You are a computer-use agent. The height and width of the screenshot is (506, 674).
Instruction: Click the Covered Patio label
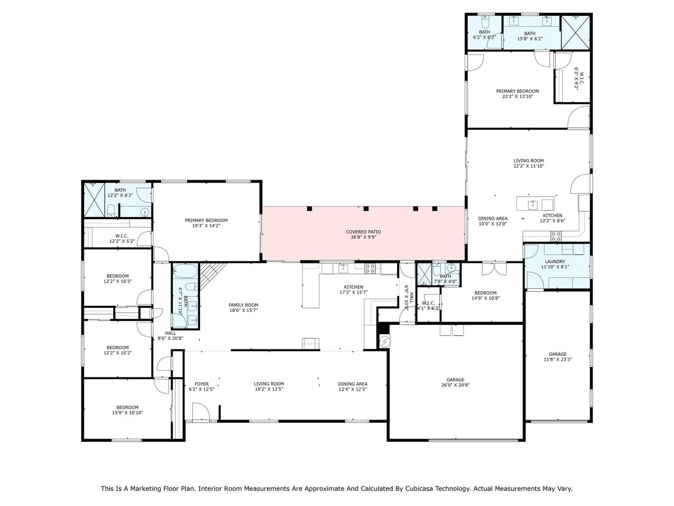coord(363,232)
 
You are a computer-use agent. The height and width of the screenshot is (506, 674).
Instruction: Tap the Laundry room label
coord(555,262)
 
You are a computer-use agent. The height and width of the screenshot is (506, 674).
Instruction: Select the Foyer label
coord(202,384)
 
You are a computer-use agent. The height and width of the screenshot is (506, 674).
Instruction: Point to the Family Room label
coord(243,305)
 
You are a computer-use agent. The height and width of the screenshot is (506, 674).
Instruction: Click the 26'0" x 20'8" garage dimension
coord(455,385)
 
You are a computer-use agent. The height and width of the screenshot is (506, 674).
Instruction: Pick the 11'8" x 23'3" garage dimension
coord(558,359)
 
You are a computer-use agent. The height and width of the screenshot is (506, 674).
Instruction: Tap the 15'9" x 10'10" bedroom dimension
coord(127,413)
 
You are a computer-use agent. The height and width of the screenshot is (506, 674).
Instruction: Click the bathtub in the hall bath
coord(184,271)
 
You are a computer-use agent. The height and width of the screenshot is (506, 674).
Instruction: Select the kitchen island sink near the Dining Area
coord(532,205)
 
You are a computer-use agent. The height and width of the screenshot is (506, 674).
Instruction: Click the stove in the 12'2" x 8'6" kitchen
coord(556,236)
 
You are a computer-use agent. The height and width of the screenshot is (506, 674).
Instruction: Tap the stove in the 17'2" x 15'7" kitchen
coord(370,269)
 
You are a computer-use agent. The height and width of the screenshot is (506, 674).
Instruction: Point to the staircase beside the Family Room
coord(213,275)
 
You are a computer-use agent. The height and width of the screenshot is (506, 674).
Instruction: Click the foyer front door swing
coord(201,411)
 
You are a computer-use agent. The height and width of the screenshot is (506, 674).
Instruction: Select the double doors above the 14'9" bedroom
coord(494,269)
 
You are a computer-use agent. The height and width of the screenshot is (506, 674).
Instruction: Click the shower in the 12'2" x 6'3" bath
coord(94,200)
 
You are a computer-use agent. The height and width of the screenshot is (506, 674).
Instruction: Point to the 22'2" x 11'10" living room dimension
coord(529,166)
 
